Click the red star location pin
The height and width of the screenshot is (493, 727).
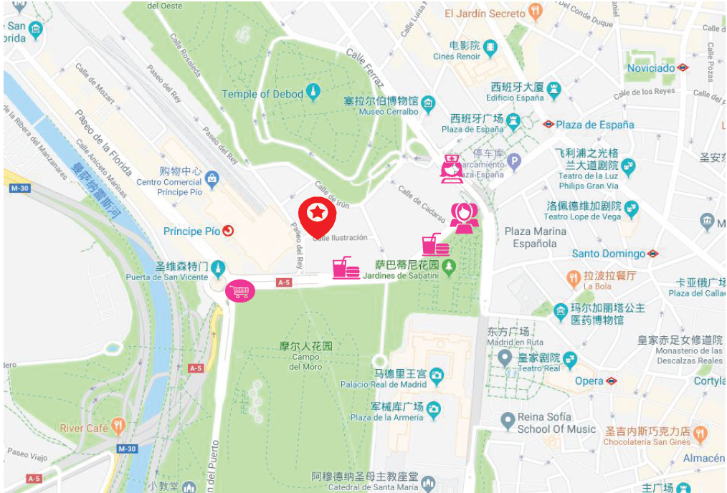pos(318,214)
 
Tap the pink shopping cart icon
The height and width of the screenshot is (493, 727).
pos(240,291)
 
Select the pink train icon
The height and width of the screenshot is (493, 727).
pos(452,169)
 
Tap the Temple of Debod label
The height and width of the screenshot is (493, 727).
pos(262,94)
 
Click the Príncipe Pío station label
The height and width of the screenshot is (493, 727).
pos(192,231)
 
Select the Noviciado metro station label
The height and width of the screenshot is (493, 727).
pos(652,68)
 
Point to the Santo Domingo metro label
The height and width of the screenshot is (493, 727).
pos(609,254)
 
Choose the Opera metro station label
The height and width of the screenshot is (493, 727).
pos(589,380)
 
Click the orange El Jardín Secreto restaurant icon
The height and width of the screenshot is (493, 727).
pos(535,12)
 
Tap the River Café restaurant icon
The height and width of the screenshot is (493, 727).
pos(118,428)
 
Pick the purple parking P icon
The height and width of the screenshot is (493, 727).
pos(514,163)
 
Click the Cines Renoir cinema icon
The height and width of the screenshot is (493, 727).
pos(490,47)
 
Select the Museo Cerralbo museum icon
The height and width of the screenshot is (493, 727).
pos(428,102)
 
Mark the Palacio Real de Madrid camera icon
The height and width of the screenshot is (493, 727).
pos(437,375)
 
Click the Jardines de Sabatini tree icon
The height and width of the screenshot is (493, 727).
pos(449,267)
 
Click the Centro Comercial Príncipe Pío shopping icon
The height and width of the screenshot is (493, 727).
pos(211,177)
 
